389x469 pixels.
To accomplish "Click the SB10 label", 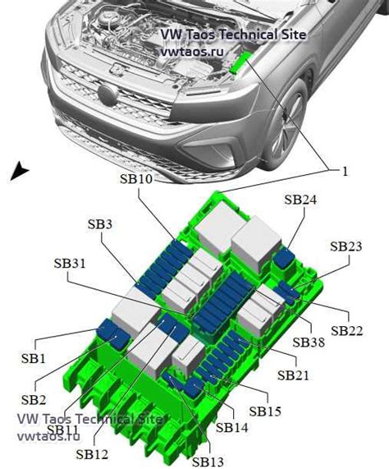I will pos(132,180).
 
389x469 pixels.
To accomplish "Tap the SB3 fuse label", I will pos(99,224).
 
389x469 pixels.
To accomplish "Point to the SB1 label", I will pos(33,358).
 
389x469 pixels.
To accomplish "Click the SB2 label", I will pos(33,399).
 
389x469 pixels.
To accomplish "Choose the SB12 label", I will pos(91,453).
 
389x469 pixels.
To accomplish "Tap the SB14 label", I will pos(232,427).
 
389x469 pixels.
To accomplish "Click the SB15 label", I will pos(265,411).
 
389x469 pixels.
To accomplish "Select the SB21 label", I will pos(293,375).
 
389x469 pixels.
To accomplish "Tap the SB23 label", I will pos(346,246).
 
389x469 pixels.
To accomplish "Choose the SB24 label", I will pos(300,199).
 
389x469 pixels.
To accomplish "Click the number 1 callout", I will pos(345,171).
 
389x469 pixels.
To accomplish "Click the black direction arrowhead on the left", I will pos(19,171).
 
